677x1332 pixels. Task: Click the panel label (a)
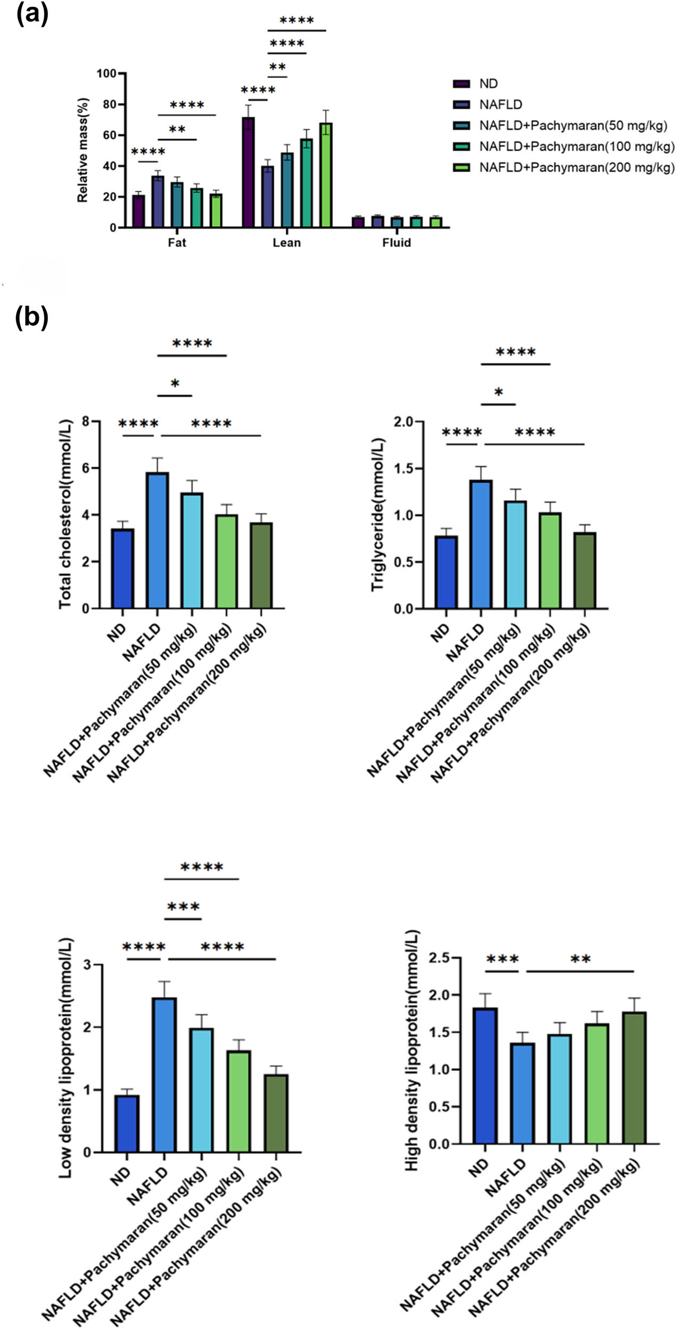(32, 14)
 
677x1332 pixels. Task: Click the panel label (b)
(32, 318)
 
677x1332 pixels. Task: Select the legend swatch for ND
(461, 84)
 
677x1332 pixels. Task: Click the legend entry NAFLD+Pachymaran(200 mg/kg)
(576, 168)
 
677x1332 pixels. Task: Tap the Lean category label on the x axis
(286, 243)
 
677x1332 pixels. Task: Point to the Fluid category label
(397, 243)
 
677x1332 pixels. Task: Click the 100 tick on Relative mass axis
(106, 74)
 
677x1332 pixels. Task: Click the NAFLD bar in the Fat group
(158, 202)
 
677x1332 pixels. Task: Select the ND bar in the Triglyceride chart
(446, 572)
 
